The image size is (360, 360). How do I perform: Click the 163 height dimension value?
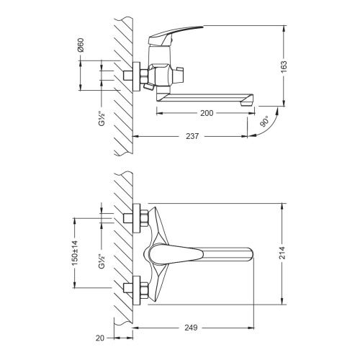(x=287, y=67)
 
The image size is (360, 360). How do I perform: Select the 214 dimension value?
(x=287, y=253)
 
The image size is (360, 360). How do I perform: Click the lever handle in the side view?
(x=180, y=35)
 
